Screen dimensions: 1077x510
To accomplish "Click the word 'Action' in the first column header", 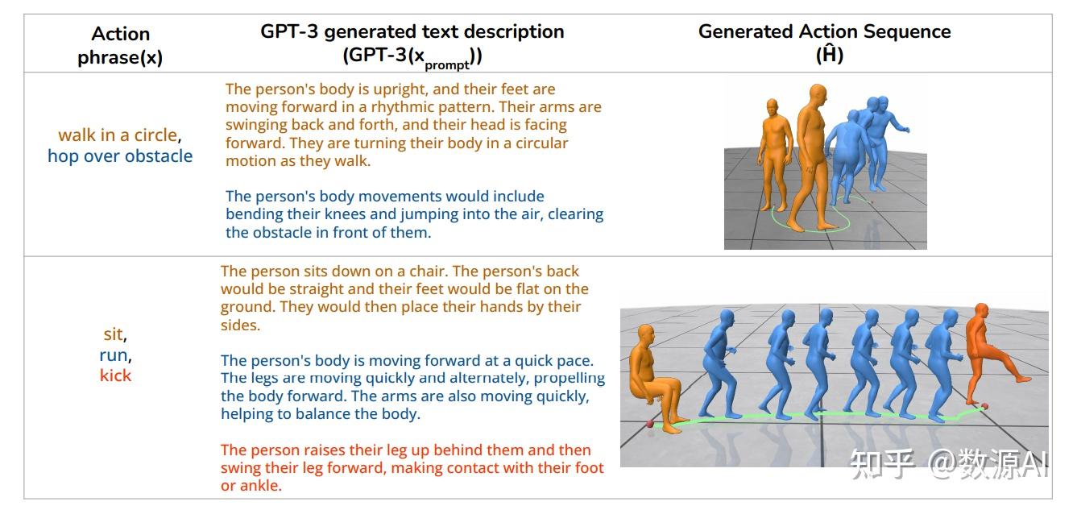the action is (x=121, y=34).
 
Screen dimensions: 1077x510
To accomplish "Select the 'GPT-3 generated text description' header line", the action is (x=412, y=31).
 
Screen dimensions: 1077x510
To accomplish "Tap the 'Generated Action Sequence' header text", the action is (x=825, y=31).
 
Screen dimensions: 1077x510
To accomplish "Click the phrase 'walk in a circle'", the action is (x=118, y=135).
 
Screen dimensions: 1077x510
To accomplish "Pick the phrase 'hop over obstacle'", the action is (x=120, y=156).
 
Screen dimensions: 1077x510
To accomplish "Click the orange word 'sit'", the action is (x=113, y=334).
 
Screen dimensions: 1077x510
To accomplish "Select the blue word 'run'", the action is (x=114, y=355).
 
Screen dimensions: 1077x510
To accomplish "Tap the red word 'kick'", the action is (x=115, y=375).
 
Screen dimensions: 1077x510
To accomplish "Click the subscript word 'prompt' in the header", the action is (x=446, y=65).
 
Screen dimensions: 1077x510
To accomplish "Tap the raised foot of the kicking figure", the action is (x=1024, y=379).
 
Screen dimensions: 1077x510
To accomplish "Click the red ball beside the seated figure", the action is (x=650, y=424).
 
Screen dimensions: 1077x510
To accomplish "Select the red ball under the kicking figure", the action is (x=984, y=407).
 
